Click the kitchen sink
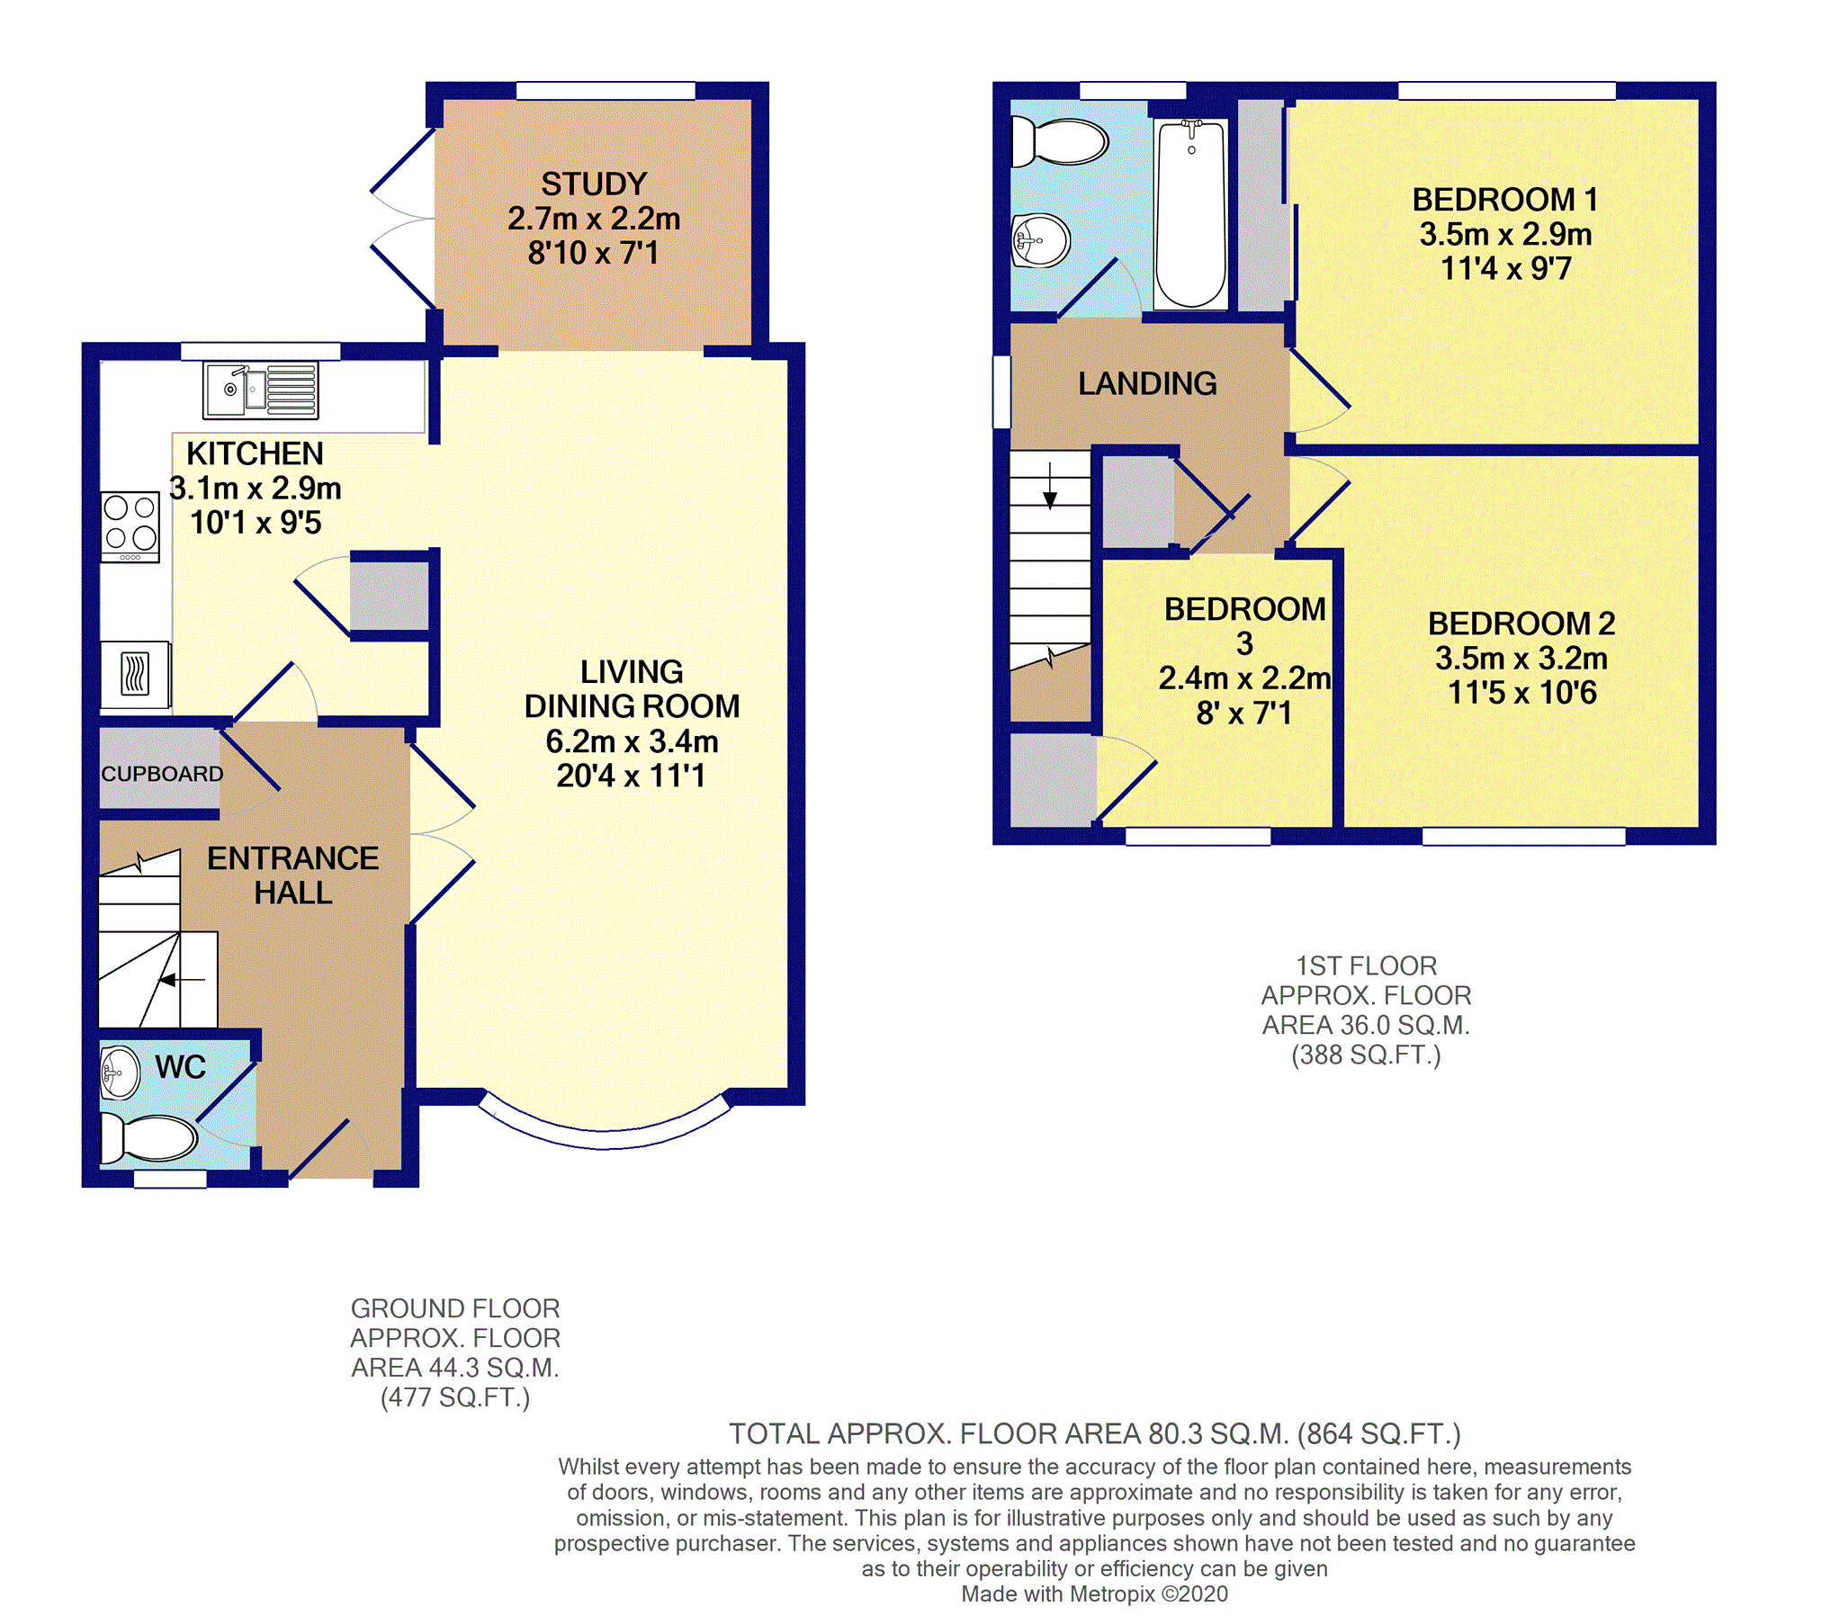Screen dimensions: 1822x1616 260,391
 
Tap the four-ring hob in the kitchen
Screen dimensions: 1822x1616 130,527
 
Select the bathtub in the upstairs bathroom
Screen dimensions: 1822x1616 1190,214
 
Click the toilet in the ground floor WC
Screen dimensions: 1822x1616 148,1138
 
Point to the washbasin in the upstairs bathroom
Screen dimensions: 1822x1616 1041,240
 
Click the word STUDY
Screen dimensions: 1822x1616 594,184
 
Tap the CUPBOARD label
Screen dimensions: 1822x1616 162,774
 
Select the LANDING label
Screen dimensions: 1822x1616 1147,383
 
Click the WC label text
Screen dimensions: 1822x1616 180,1067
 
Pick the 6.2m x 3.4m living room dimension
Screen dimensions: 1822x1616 632,741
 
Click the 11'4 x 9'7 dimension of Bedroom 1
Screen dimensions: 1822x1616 1505,268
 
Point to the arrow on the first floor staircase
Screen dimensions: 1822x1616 1050,486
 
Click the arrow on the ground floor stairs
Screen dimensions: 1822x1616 184,980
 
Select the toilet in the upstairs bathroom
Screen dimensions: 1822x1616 1060,141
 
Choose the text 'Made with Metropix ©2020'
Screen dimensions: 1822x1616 1094,1594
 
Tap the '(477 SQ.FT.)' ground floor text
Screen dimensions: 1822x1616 455,1397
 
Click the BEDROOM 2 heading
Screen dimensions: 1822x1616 1521,623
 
